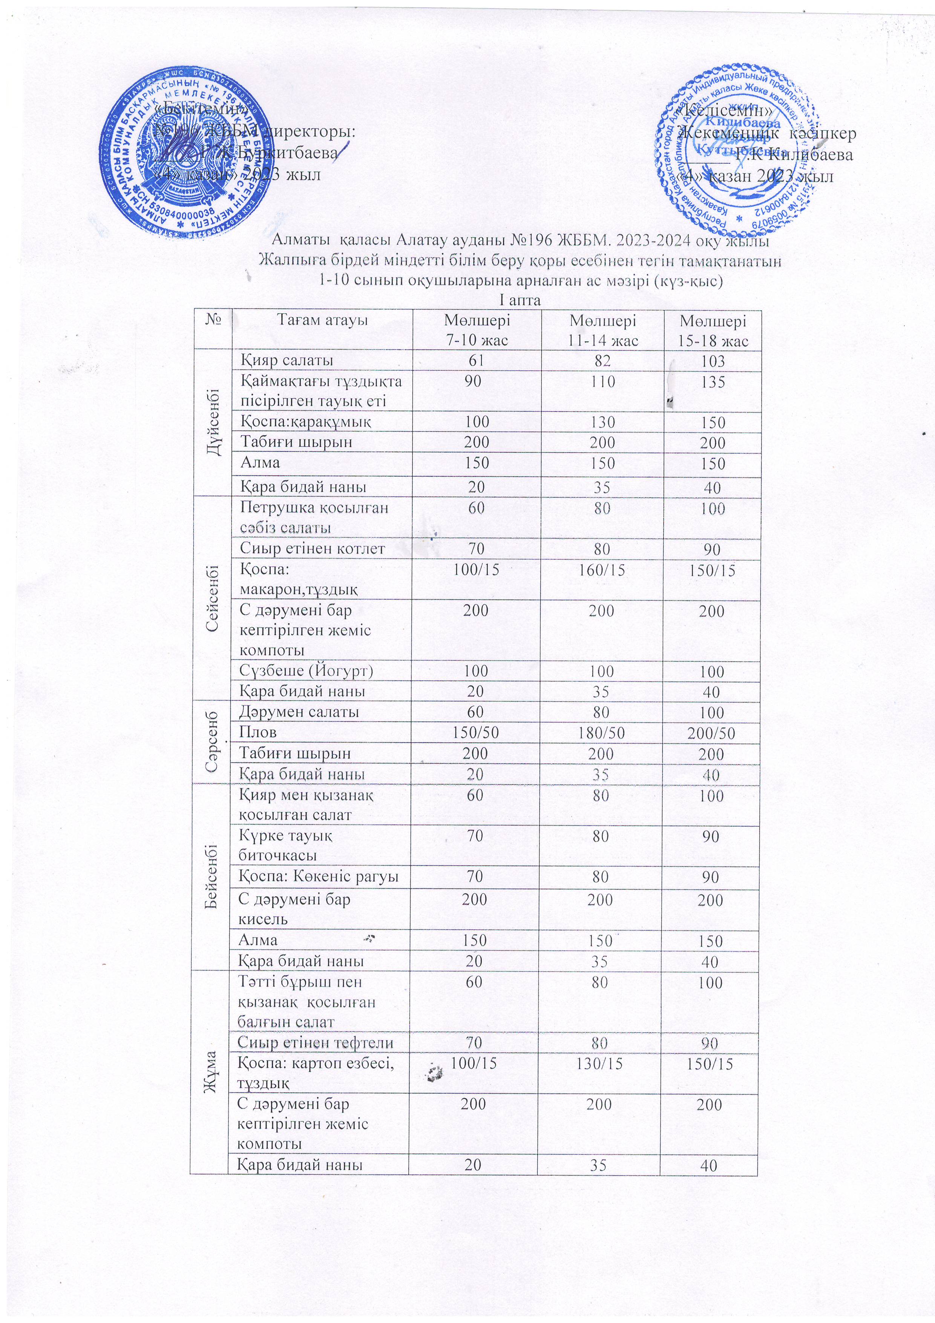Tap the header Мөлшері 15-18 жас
point(713,330)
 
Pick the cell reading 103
point(713,361)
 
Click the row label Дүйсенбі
point(213,422)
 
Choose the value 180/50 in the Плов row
point(601,733)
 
